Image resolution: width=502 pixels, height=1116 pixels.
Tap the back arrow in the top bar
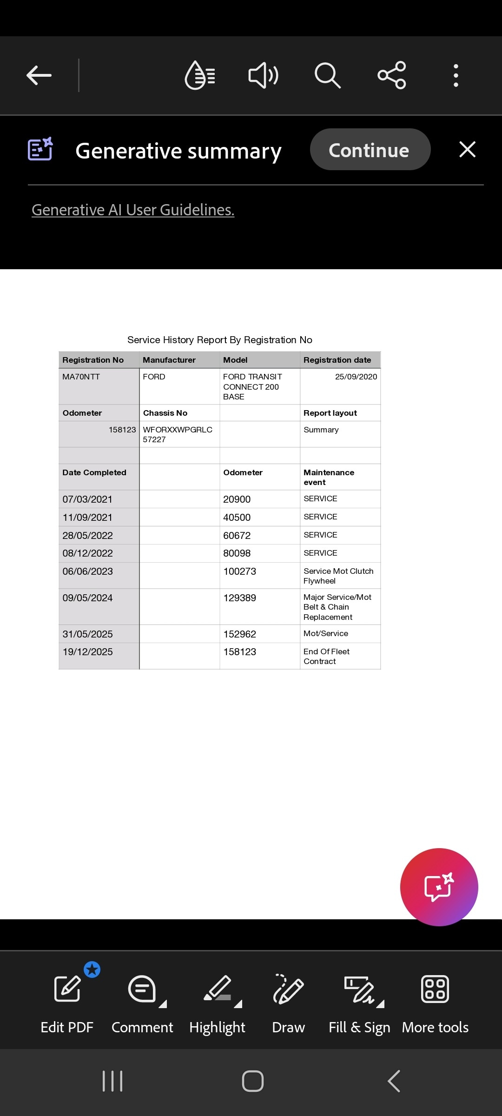tap(39, 75)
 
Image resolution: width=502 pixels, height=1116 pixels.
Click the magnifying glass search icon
tap(327, 75)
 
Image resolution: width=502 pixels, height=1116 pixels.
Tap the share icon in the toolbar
tap(392, 75)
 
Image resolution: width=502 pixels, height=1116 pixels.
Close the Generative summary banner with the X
tap(467, 150)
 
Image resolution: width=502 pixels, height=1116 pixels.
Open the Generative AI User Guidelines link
tap(133, 210)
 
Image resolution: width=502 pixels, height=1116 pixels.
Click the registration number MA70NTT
tap(81, 377)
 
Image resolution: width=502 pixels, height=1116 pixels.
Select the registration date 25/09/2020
tap(356, 377)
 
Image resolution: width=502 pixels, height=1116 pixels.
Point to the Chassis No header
tap(165, 413)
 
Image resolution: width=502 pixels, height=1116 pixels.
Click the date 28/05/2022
tap(88, 535)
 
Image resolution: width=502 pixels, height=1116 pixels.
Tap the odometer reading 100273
tap(240, 571)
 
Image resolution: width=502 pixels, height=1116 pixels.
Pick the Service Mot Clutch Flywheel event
tap(338, 576)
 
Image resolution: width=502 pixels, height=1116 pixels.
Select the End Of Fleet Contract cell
tap(326, 656)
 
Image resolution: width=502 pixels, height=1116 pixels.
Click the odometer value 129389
tap(240, 598)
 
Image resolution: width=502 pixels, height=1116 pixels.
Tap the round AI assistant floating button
tap(439, 887)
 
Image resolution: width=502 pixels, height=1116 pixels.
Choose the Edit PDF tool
tap(67, 1000)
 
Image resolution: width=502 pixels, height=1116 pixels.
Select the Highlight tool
tap(217, 1000)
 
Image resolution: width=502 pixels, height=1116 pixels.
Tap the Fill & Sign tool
tap(359, 1000)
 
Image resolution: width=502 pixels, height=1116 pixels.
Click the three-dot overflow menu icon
tap(456, 75)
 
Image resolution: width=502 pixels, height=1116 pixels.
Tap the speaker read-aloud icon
tap(264, 75)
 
